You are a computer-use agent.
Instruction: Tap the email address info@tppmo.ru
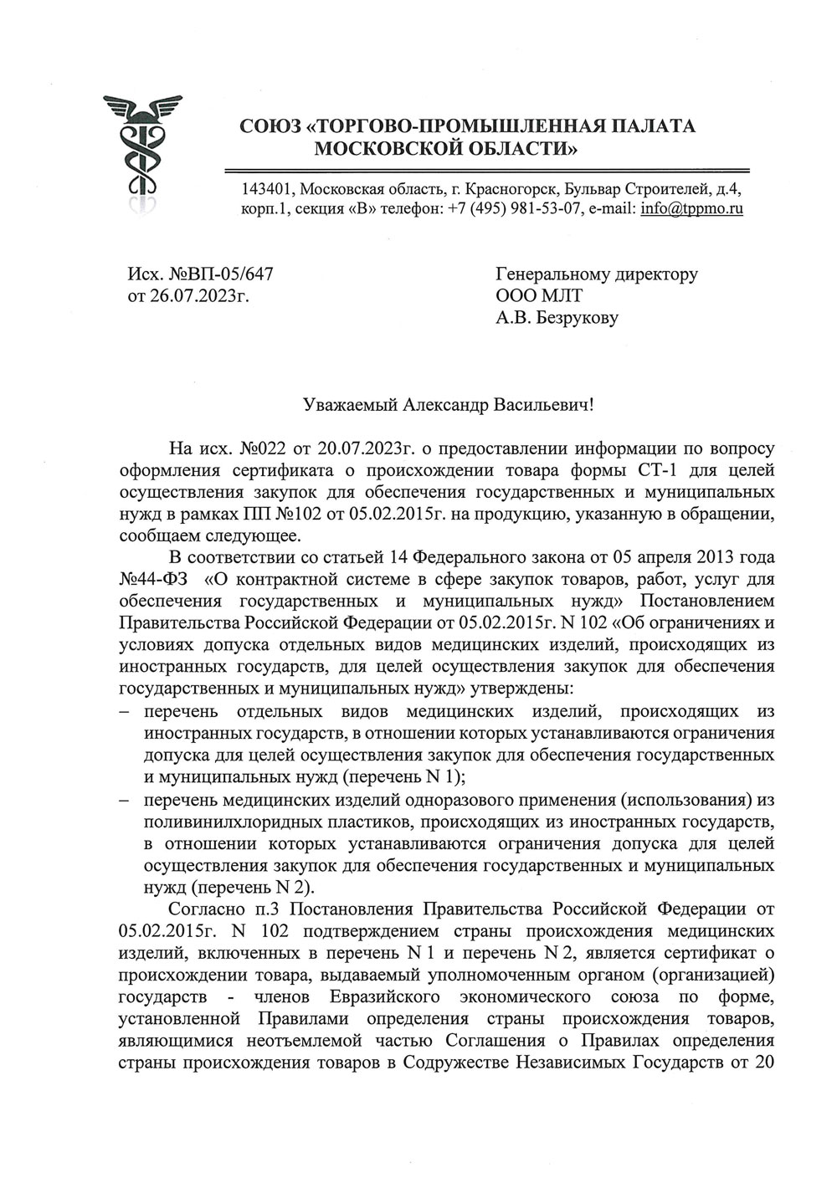tap(691, 208)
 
